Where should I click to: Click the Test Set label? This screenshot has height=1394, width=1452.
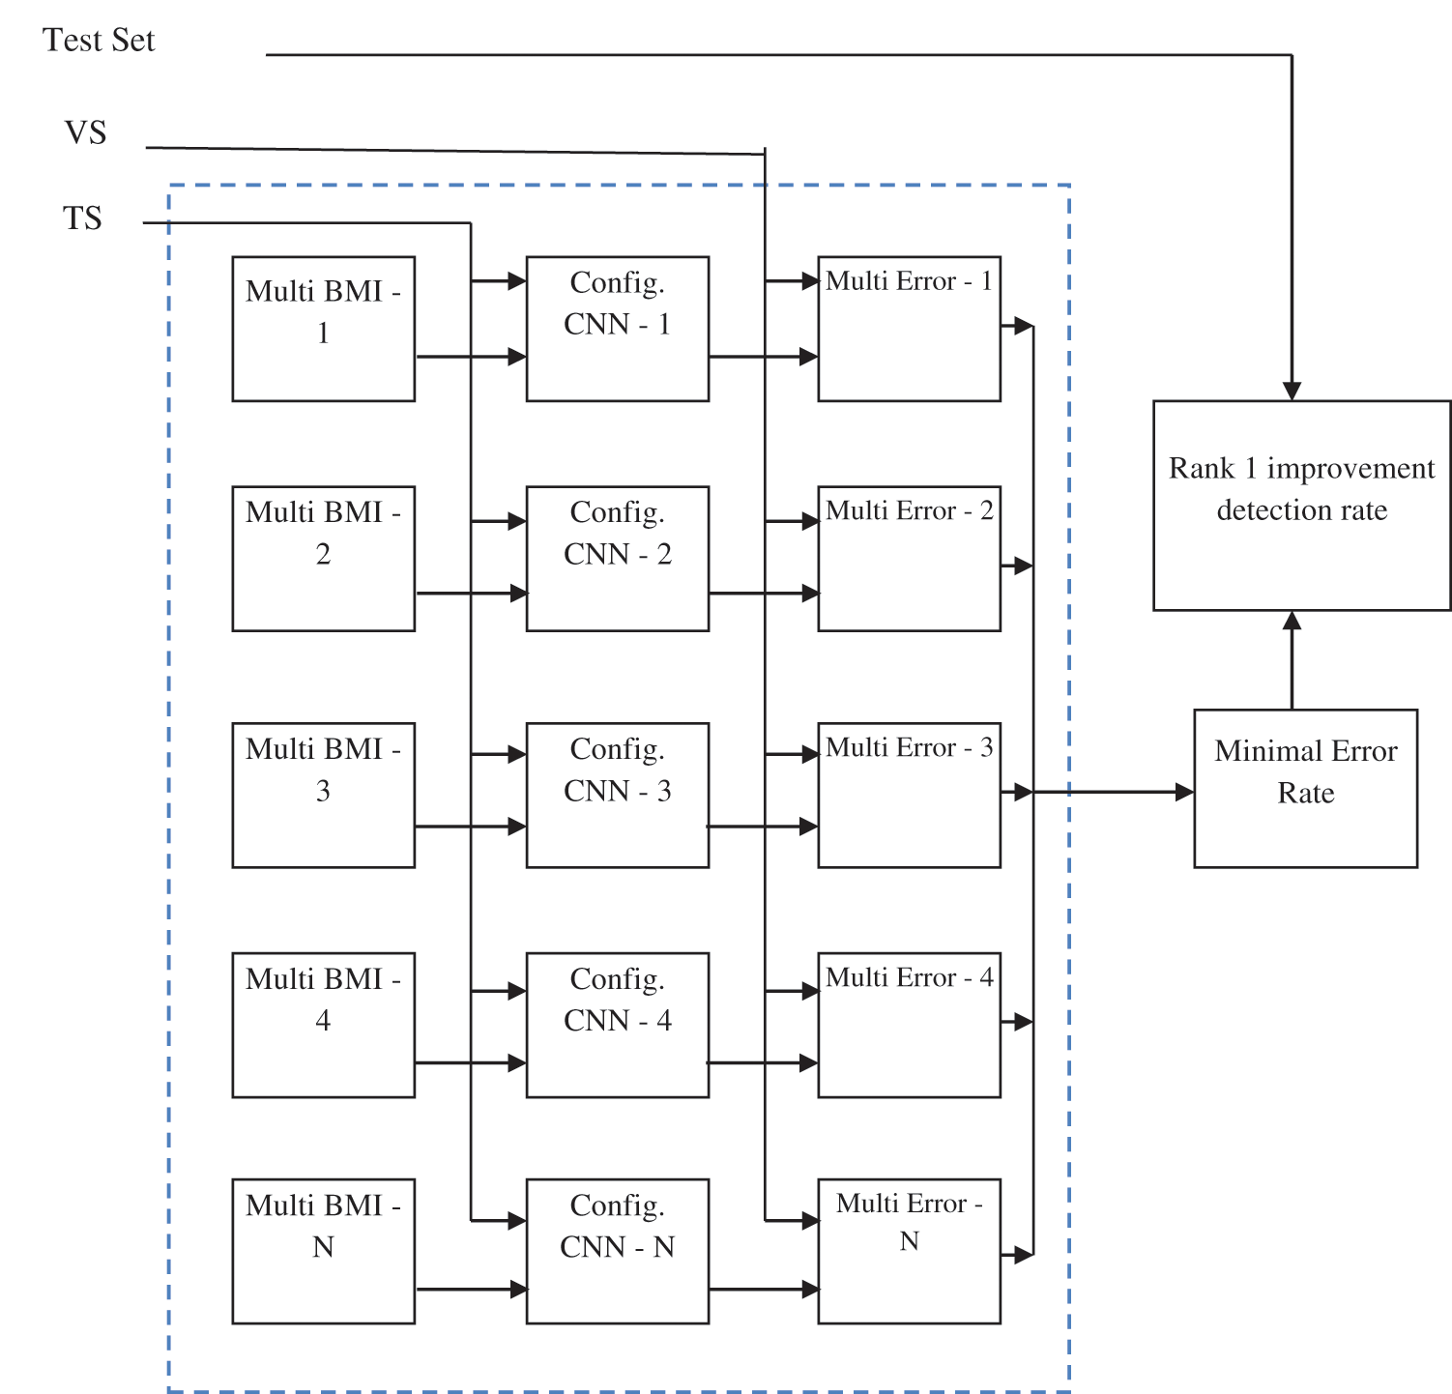99,41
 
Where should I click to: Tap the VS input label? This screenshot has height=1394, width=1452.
85,132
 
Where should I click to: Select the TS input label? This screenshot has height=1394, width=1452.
82,218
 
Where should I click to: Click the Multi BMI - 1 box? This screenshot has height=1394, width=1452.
323,329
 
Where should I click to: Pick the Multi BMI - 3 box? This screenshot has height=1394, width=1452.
323,795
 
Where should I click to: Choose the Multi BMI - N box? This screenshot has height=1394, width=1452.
323,1251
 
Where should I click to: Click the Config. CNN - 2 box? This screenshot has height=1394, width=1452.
617,559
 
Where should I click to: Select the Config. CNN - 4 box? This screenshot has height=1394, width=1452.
617,1025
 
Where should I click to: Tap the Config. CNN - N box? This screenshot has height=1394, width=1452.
617,1251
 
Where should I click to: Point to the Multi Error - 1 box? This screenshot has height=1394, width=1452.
909,329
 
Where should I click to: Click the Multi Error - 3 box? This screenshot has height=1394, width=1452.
909,795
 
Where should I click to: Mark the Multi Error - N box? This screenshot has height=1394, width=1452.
909,1251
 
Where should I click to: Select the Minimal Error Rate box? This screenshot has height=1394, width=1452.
1305,789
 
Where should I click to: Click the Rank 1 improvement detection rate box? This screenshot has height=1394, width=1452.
1301,506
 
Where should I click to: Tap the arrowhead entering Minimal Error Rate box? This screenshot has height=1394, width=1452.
1184,792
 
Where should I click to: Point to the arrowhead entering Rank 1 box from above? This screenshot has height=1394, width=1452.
1292,391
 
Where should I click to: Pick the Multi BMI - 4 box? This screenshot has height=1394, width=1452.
323,1025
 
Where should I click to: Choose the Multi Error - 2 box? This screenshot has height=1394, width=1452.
909,559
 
